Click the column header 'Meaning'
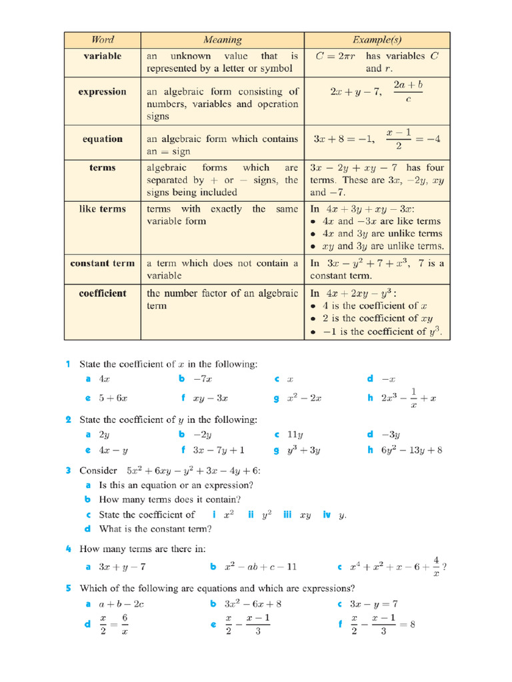[222, 40]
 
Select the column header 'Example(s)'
[377, 40]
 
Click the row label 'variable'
[102, 56]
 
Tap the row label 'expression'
[102, 92]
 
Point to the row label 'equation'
[102, 139]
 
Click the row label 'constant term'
[102, 263]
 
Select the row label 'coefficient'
[102, 293]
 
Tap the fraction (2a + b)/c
[408, 92]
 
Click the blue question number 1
[68, 364]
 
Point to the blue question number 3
[68, 470]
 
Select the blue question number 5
[68, 588]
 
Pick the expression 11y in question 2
[295, 434]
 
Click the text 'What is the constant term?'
[155, 529]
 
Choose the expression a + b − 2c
[121, 604]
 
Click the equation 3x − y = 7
[375, 604]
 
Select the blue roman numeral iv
[327, 515]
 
